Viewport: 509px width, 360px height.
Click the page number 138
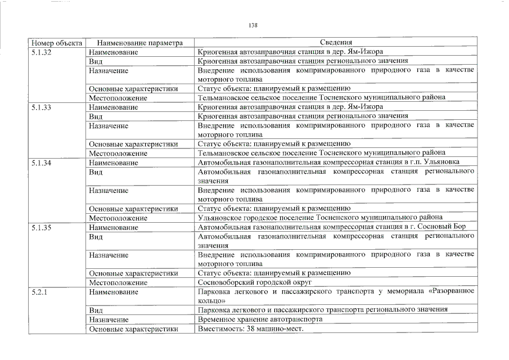253,25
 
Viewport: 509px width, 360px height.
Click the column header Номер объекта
57,42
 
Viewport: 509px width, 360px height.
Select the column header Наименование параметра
140,42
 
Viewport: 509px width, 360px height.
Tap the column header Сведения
336,42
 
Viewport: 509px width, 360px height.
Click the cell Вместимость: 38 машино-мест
250,328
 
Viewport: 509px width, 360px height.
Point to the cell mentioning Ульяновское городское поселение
320,218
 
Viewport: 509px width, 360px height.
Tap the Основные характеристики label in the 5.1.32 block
133,88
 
